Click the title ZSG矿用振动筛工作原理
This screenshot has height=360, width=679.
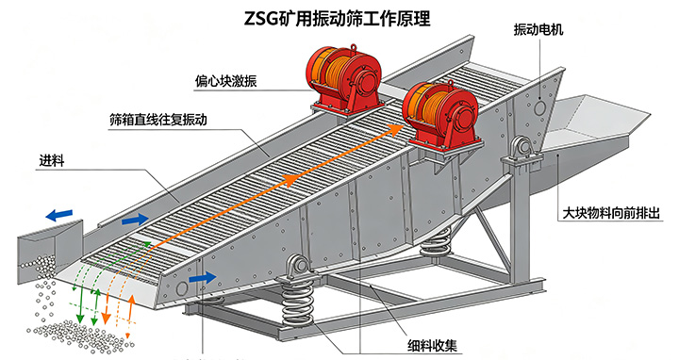pyautogui.click(x=337, y=18)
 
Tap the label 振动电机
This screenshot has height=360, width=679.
pyautogui.click(x=538, y=29)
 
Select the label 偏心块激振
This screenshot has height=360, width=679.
pyautogui.click(x=225, y=81)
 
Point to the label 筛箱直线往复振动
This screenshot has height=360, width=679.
pyautogui.click(x=158, y=119)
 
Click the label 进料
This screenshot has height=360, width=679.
pyautogui.click(x=52, y=161)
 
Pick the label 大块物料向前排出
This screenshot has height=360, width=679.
pyautogui.click(x=611, y=212)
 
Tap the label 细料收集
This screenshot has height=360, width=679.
pyautogui.click(x=432, y=345)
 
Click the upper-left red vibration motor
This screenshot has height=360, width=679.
pyautogui.click(x=345, y=80)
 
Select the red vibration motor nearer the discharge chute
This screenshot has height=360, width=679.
pyautogui.click(x=440, y=116)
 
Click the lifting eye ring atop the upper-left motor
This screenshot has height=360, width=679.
pyautogui.click(x=354, y=48)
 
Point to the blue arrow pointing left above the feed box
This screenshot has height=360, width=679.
pyautogui.click(x=59, y=215)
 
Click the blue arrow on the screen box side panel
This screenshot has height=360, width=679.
pyautogui.click(x=203, y=277)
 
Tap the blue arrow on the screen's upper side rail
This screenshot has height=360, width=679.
pyautogui.click(x=135, y=220)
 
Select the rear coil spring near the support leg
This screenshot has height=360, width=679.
pyautogui.click(x=435, y=243)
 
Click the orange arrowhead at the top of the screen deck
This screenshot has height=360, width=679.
pyautogui.click(x=397, y=129)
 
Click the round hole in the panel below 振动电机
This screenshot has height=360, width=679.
pyautogui.click(x=540, y=106)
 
